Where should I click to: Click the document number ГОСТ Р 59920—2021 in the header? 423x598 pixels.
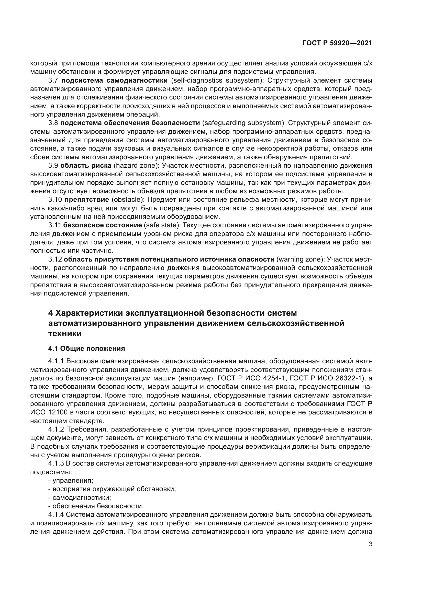point(337,43)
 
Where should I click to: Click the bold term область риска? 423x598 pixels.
point(86,166)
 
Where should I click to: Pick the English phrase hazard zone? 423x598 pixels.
point(137,166)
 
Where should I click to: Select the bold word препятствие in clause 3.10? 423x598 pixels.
point(86,200)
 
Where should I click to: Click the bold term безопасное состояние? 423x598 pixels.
point(102,225)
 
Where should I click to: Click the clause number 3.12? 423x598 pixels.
point(55,259)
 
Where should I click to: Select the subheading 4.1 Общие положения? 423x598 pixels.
point(86,348)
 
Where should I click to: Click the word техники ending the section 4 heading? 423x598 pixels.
point(65,334)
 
